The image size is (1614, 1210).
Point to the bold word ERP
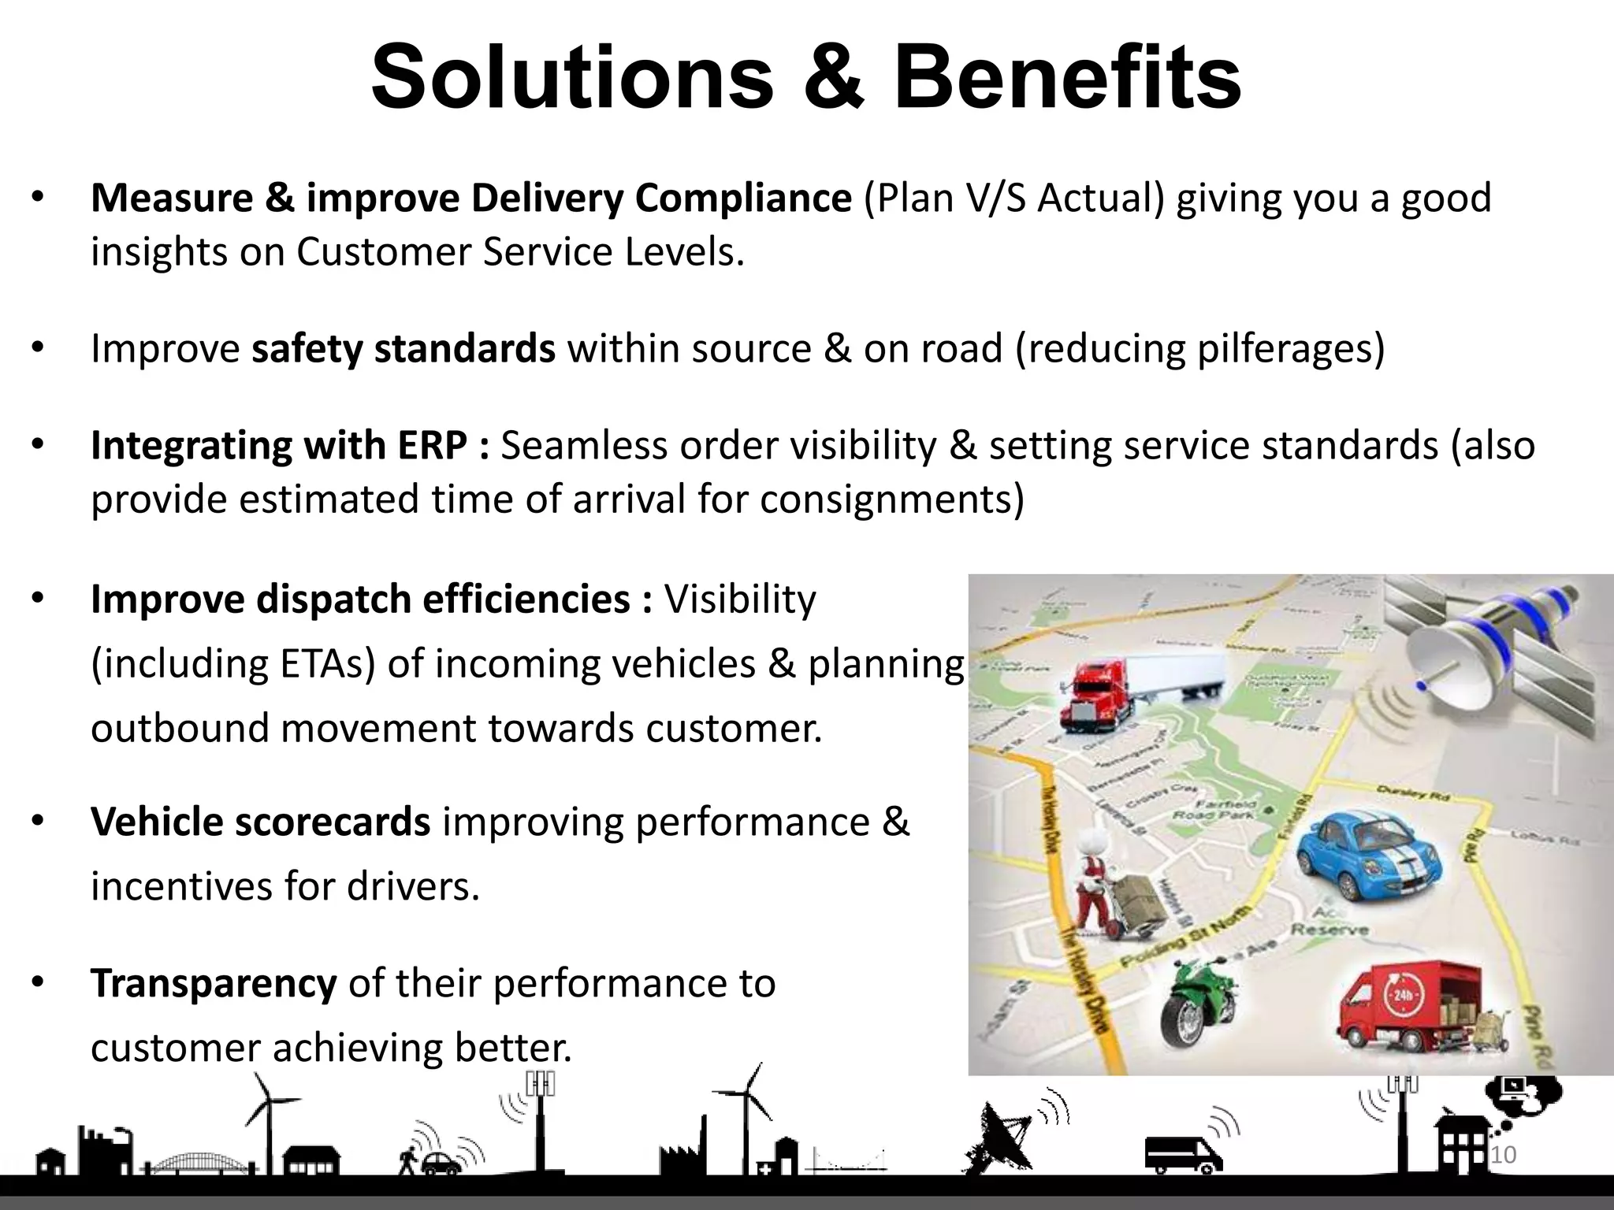tap(433, 446)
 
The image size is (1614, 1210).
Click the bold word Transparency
tap(214, 983)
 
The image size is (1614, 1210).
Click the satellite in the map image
tap(1489, 646)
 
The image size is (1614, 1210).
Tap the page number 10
tap(1504, 1156)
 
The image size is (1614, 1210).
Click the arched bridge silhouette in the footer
tap(189, 1162)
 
